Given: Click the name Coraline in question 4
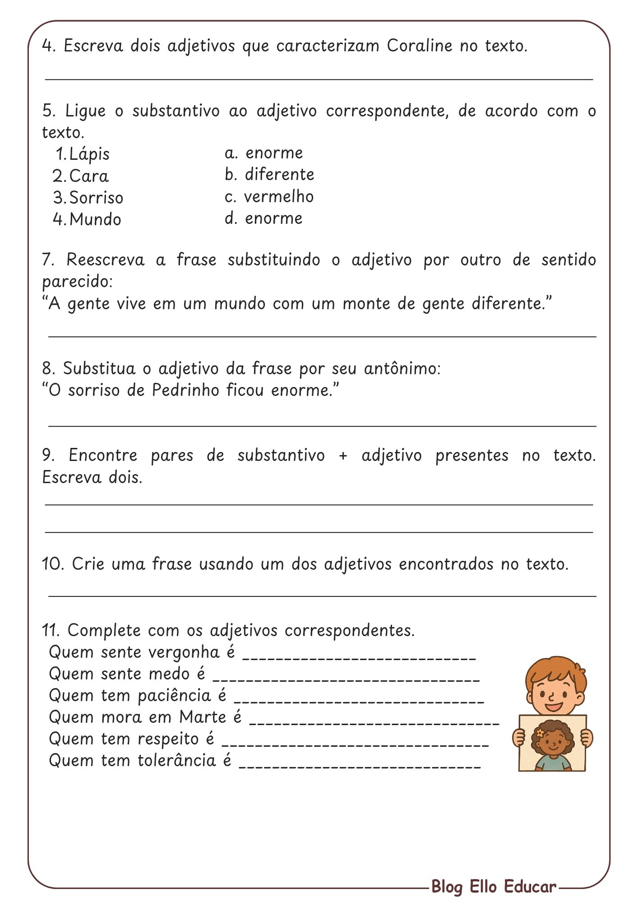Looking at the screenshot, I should click(419, 46).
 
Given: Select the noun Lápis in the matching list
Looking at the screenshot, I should click(89, 154).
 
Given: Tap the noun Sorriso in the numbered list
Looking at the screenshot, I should click(96, 198).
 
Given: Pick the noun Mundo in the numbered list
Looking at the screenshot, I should click(95, 219).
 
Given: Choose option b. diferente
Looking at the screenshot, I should click(269, 175).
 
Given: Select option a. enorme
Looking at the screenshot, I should click(264, 153).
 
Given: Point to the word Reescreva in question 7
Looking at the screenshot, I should click(105, 260).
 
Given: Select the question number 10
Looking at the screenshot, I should click(53, 564).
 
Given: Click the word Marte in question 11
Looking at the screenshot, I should click(203, 717).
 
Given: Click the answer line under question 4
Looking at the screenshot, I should click(319, 79).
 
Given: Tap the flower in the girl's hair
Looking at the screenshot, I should click(539, 733).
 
